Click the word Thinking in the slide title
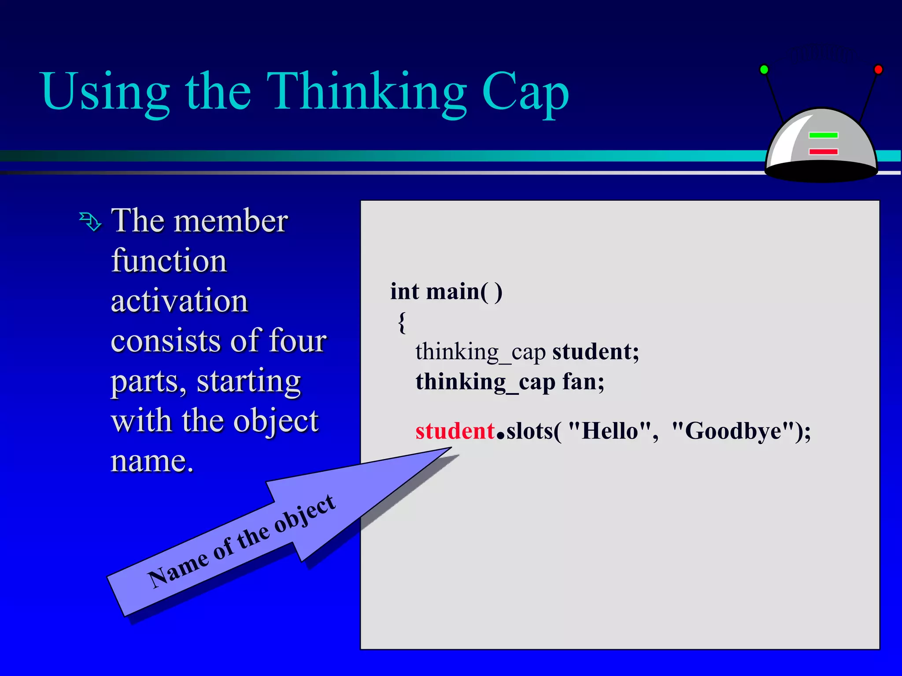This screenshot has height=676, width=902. point(366,92)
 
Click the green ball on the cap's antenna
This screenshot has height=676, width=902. point(764,70)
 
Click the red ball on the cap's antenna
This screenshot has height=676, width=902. point(878,70)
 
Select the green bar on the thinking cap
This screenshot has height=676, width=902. point(823,135)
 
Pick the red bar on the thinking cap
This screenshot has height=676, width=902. point(823,152)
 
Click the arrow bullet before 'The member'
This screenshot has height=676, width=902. point(90,221)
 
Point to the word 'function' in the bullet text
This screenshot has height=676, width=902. point(169,261)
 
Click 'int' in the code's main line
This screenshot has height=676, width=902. point(404,291)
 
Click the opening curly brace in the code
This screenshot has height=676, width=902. point(402,323)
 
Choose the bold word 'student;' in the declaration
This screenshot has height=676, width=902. point(595,352)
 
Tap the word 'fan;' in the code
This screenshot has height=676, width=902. point(583,382)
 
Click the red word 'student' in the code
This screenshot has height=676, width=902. point(455,431)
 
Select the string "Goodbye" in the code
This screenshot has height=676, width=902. point(733,431)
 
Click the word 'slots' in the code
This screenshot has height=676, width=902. point(530,431)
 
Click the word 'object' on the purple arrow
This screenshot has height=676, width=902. point(305,513)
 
